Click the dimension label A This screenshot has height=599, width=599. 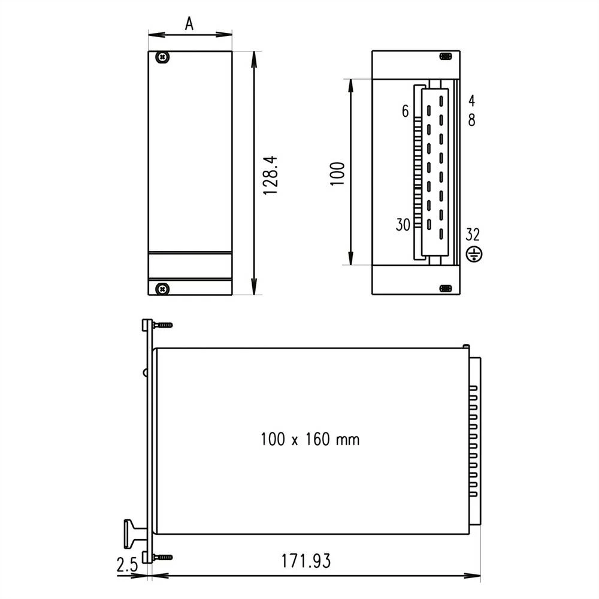click(189, 23)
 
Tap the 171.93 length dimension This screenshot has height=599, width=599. click(306, 561)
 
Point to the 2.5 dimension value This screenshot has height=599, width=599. click(126, 564)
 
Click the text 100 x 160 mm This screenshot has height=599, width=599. click(310, 440)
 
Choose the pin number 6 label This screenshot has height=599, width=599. click(405, 111)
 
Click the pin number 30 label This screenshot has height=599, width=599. click(403, 225)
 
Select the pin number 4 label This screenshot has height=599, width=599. click(472, 100)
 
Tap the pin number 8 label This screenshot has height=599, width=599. click(472, 120)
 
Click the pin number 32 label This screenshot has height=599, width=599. click(473, 234)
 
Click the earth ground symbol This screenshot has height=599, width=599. click(473, 255)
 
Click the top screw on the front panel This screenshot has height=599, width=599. click(162, 58)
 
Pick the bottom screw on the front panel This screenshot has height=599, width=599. click(162, 289)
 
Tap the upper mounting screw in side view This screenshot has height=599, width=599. click(162, 325)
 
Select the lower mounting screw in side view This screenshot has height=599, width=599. click(162, 557)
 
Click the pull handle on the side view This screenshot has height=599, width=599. click(133, 533)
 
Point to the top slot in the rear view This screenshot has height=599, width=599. click(444, 56)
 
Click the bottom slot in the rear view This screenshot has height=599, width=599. click(444, 289)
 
